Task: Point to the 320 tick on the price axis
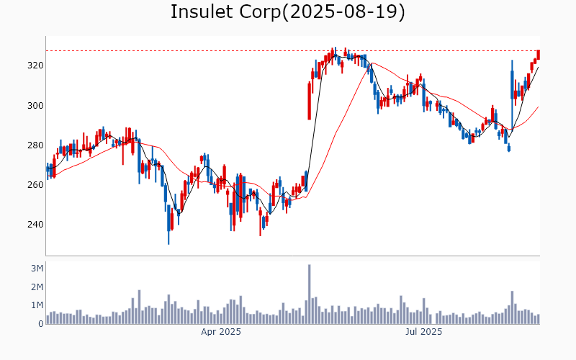pos(35,66)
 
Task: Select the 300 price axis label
pos(35,106)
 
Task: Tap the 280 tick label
pos(35,145)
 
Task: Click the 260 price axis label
pos(35,185)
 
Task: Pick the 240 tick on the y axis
pos(35,225)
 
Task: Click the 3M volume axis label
pos(36,269)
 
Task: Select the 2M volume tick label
pos(36,287)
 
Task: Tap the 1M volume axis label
pos(36,305)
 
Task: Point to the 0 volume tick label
pos(40,324)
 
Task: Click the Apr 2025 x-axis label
pos(221,332)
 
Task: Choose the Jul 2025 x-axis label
pos(423,332)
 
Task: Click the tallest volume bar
pos(309,294)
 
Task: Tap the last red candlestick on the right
pos(539,55)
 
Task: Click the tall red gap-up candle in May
pos(310,102)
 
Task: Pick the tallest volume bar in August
pos(512,307)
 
